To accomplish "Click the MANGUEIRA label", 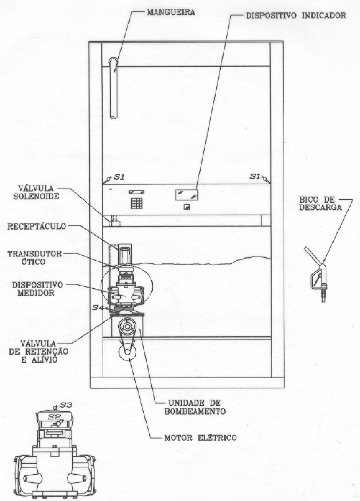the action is (x=171, y=12).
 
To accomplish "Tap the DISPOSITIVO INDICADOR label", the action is (x=296, y=16).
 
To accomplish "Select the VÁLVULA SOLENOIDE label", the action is (x=36, y=192).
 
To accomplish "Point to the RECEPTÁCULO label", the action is (x=37, y=226).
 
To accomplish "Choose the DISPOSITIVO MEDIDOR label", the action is (x=37, y=289).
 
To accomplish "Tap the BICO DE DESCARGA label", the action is (x=320, y=203).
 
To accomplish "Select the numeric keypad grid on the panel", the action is (x=137, y=203).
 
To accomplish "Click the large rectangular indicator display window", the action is (x=186, y=194).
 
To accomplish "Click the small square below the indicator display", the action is (x=186, y=207).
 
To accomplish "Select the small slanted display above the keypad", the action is (x=136, y=192).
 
